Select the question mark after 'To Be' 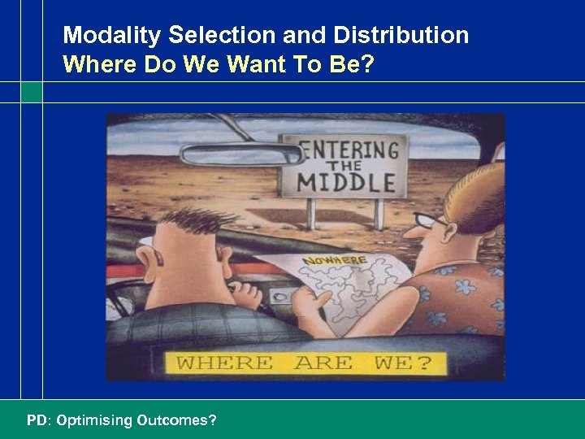(369, 64)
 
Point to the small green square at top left (31, 92)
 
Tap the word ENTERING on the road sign (349, 152)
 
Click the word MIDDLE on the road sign (346, 182)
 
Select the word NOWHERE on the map (335, 261)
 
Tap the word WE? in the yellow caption (403, 363)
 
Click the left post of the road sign (311, 213)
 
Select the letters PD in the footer (37, 420)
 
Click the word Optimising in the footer (93, 420)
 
